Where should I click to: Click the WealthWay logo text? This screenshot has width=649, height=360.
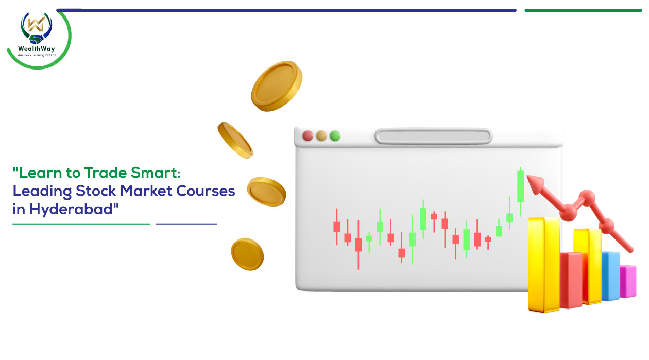click(x=36, y=48)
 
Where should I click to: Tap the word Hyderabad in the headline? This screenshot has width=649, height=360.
click(x=74, y=209)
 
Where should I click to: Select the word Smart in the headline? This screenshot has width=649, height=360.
click(x=156, y=173)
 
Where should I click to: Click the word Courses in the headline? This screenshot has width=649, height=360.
click(x=206, y=191)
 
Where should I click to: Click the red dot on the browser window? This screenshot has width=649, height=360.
click(x=308, y=135)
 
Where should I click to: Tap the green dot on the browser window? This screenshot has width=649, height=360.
click(x=335, y=135)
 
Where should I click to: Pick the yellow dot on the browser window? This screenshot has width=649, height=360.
click(x=321, y=135)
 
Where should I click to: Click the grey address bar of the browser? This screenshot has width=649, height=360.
click(x=434, y=136)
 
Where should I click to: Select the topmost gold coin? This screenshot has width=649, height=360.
click(x=277, y=86)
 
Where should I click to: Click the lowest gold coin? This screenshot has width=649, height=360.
click(x=247, y=254)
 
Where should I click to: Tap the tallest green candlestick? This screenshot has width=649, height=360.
click(x=521, y=192)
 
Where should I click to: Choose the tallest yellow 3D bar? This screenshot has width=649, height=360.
click(x=544, y=264)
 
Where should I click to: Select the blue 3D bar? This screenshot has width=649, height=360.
click(x=611, y=276)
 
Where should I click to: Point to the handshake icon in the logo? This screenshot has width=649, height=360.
click(x=37, y=39)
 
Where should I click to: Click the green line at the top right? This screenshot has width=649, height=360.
click(x=583, y=10)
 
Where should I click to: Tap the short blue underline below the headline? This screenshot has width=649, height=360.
click(x=186, y=224)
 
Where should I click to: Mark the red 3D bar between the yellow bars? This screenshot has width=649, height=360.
click(x=571, y=280)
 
